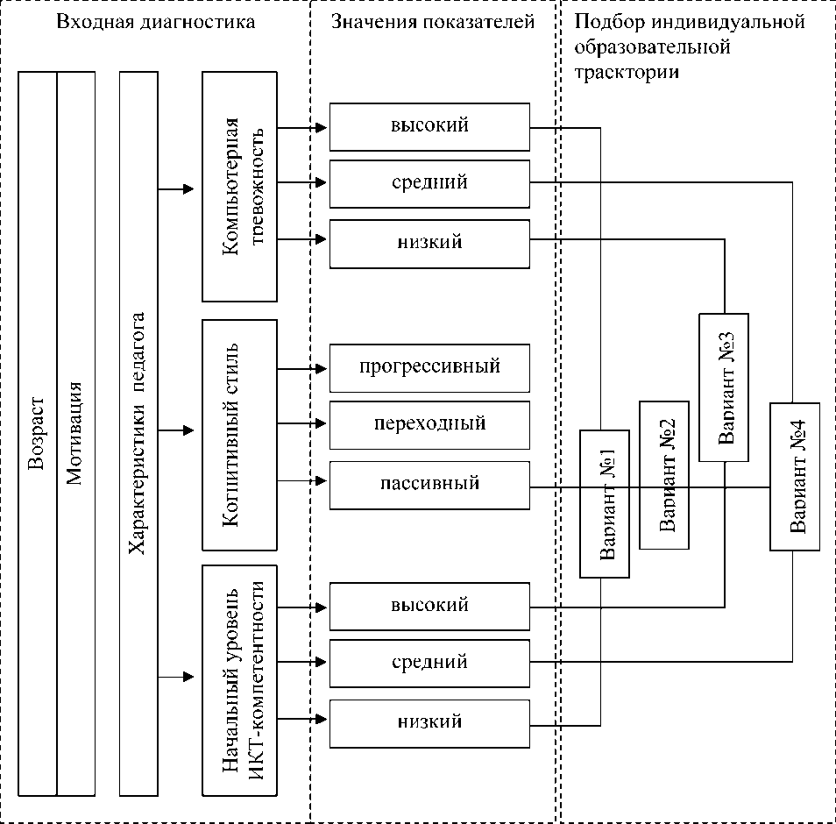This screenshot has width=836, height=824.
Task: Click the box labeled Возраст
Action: [x=38, y=434]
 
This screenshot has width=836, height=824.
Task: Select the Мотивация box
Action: [x=76, y=434]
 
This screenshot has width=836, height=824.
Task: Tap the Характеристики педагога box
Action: [x=138, y=434]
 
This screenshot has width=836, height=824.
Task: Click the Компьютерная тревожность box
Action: [x=239, y=188]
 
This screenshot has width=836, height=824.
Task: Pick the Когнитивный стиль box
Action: [x=239, y=435]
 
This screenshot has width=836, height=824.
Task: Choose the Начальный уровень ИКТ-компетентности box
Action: [x=239, y=680]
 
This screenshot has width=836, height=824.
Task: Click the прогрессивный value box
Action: [x=429, y=366]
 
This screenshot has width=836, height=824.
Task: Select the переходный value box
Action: [x=429, y=424]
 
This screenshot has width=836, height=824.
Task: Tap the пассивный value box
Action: [x=429, y=484]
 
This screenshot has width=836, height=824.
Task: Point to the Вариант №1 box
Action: [x=605, y=504]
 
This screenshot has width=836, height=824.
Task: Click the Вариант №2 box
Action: [x=664, y=475]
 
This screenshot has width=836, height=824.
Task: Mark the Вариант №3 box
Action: [x=724, y=387]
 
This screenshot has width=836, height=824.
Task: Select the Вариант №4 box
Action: [x=795, y=476]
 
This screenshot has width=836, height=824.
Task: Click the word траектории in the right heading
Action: [x=627, y=72]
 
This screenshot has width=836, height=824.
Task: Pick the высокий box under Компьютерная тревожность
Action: [x=429, y=126]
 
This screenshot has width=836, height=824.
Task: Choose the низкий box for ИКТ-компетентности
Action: [x=429, y=722]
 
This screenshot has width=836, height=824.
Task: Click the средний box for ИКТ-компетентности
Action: [x=429, y=662]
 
